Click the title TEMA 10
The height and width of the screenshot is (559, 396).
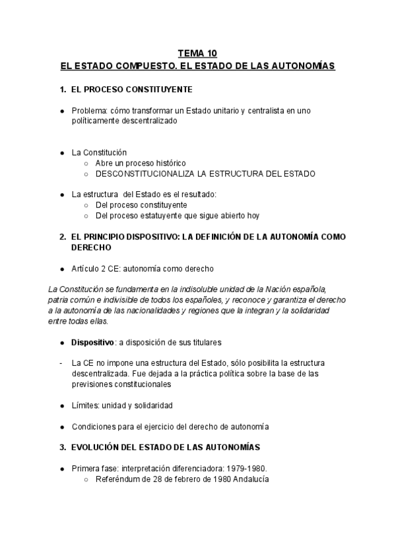[x=197, y=53]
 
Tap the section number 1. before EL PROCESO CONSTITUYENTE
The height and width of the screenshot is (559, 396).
[x=63, y=89]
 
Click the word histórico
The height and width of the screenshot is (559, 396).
[x=169, y=163]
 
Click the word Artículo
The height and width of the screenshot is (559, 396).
[x=86, y=268]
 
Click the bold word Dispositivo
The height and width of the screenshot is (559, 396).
[x=92, y=342]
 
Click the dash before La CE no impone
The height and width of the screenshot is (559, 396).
[x=61, y=363]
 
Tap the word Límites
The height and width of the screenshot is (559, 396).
[x=86, y=405]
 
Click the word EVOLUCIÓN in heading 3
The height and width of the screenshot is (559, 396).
[x=96, y=448]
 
